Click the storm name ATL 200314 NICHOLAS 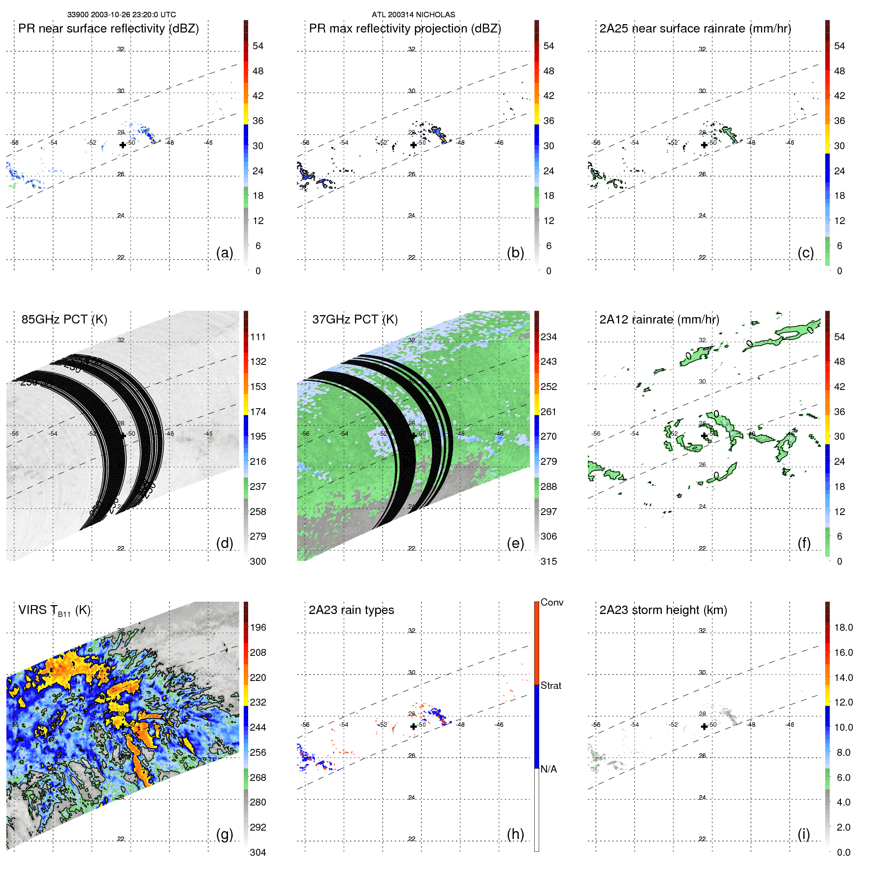coord(413,15)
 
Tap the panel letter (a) coord(225,253)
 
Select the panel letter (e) coord(515,543)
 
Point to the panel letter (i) coord(804,834)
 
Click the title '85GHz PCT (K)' coord(64,320)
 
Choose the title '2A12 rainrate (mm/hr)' coord(659,320)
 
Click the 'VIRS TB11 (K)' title coord(54,611)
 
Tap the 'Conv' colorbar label coord(551,602)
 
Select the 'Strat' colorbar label coord(550,685)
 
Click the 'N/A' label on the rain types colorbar coord(549,769)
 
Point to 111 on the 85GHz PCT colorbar coord(258,337)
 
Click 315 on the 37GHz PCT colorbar coord(549,561)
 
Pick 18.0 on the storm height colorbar coord(843,627)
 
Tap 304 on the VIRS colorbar coord(258,852)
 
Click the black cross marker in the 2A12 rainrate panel coord(704,436)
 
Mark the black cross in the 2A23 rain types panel coord(414,726)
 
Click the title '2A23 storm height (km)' coord(663,611)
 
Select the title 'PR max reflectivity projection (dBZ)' coord(405,29)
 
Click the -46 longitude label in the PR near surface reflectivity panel coord(208,143)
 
